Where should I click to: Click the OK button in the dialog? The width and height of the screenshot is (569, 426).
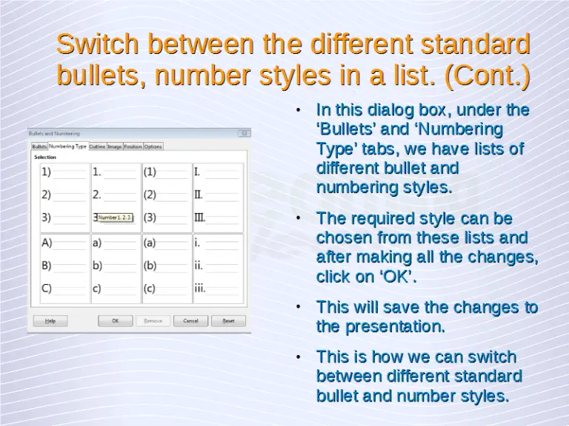pyautogui.click(x=116, y=321)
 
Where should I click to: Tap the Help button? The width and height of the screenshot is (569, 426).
pyautogui.click(x=50, y=321)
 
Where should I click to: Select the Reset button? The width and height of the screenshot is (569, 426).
pyautogui.click(x=228, y=321)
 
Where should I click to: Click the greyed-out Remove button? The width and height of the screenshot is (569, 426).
pyautogui.click(x=153, y=321)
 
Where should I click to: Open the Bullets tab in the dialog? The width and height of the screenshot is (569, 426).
pyautogui.click(x=39, y=146)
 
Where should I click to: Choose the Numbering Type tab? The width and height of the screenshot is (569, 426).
pyautogui.click(x=67, y=146)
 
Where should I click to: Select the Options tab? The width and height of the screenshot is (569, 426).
pyautogui.click(x=153, y=146)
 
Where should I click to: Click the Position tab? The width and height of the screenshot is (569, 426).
pyautogui.click(x=133, y=146)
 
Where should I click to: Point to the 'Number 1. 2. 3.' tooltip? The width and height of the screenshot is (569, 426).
pyautogui.click(x=116, y=217)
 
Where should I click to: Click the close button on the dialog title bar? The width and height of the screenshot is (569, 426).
pyautogui.click(x=244, y=133)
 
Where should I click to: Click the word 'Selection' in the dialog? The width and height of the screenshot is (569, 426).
pyautogui.click(x=44, y=157)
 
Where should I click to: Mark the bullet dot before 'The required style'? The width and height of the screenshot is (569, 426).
pyautogui.click(x=297, y=219)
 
